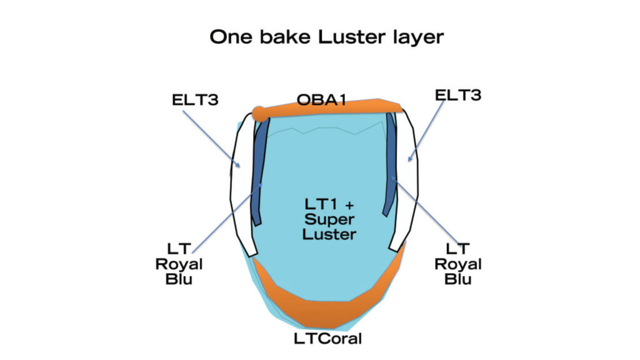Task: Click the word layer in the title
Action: click(x=416, y=37)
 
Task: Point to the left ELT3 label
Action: click(x=195, y=99)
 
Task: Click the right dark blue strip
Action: click(x=392, y=169)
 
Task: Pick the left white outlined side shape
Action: click(x=241, y=187)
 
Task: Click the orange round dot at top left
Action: click(x=259, y=114)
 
